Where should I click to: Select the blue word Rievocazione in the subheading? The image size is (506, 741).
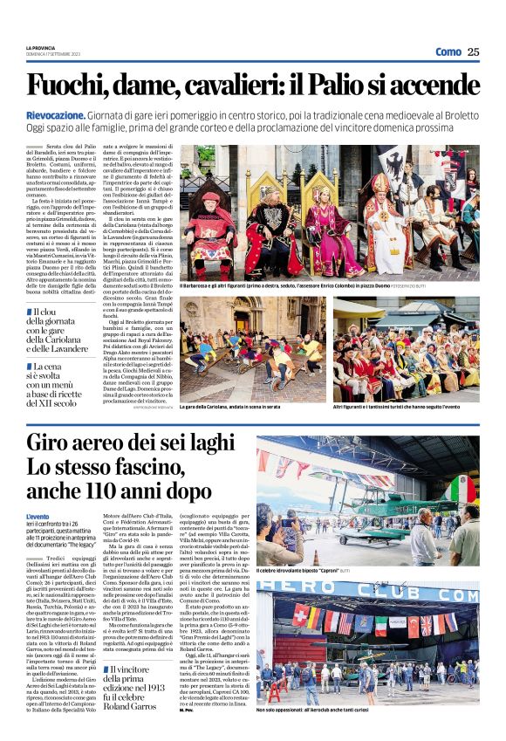[59, 115]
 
